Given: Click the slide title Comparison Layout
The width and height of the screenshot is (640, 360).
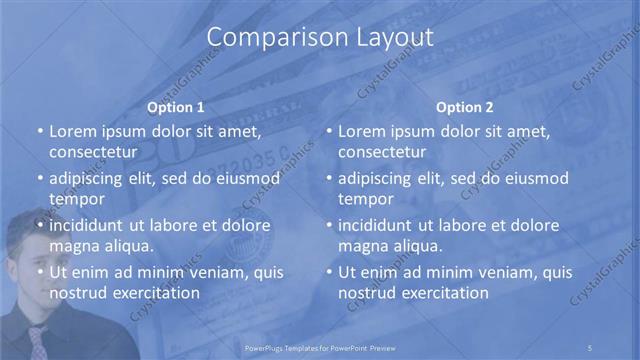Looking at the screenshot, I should pos(320,38).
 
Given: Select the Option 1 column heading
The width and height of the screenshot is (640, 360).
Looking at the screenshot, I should pos(176,107).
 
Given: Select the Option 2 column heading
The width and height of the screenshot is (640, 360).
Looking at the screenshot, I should pos(465,107).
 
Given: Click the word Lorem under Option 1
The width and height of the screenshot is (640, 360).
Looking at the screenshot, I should pos(73,131).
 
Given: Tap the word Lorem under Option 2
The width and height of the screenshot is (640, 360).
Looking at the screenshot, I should pos(362,131).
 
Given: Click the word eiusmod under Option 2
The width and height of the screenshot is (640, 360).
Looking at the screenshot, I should pos(534,178).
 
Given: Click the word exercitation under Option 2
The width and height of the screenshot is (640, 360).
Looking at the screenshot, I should pos(441,293).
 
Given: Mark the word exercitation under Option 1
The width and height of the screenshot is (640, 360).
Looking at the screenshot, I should pos(152,293).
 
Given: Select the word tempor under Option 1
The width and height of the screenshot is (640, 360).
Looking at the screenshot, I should pos(77,199).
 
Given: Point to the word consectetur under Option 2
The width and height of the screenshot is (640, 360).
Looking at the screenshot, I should pos(382,152).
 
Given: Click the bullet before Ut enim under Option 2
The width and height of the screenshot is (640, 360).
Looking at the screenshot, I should pos(329,272).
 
